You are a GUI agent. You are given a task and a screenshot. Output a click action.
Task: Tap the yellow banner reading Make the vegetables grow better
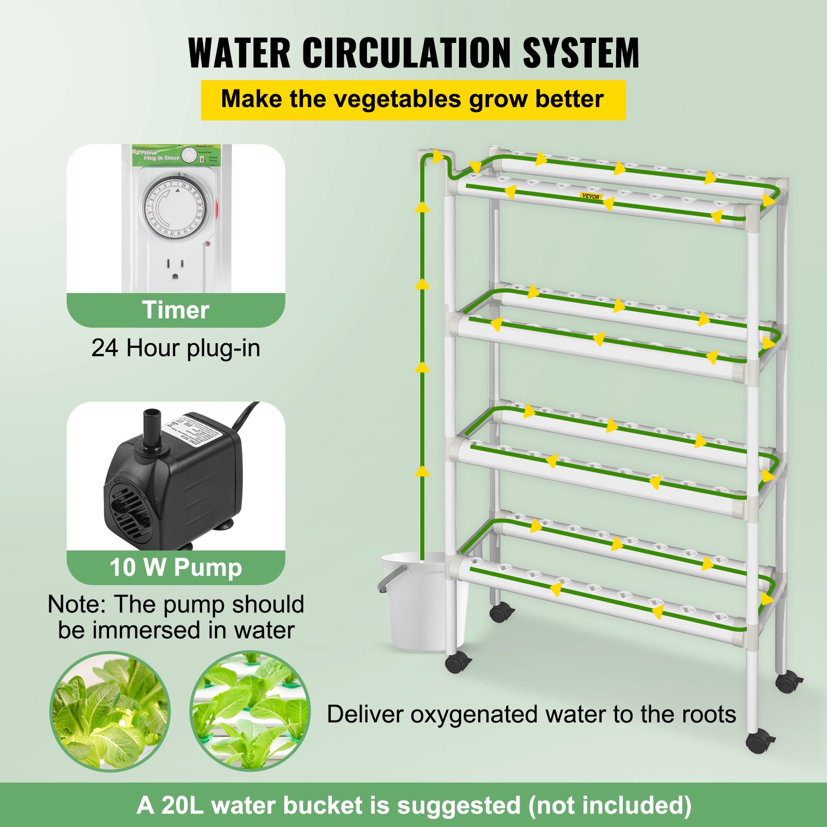[x=412, y=100]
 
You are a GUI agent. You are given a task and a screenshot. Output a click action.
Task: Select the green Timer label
[x=176, y=310]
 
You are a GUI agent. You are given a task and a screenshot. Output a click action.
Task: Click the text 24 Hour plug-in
[x=176, y=348]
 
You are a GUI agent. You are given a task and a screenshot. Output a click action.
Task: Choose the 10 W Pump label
[x=176, y=568]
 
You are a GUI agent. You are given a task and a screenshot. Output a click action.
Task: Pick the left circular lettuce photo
[x=110, y=712]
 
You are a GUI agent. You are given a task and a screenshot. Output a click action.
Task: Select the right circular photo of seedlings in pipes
[x=250, y=712]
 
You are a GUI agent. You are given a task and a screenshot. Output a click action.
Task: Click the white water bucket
[x=421, y=605]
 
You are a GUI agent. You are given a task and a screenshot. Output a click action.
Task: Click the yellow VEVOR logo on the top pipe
[x=591, y=196]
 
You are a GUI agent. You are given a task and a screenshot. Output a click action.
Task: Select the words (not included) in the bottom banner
[x=610, y=806]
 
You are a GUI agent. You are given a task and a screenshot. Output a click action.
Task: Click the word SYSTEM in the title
[x=581, y=53]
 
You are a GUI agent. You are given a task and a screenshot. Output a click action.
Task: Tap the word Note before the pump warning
[x=76, y=604]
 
